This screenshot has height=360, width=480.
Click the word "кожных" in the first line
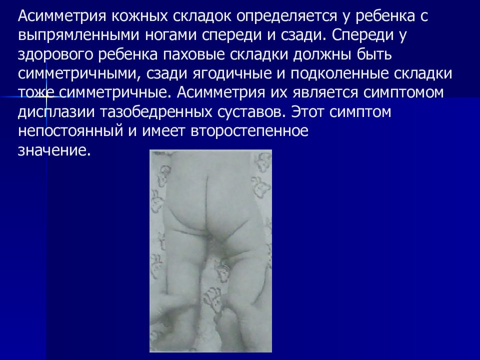[139, 16]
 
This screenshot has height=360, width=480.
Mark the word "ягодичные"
[232, 74]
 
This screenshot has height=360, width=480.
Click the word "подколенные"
[339, 74]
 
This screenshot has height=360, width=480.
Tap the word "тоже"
[36, 93]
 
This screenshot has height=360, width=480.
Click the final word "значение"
[54, 150]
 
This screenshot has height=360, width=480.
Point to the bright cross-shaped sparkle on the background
[47, 96]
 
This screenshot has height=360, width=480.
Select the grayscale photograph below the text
[210, 251]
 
